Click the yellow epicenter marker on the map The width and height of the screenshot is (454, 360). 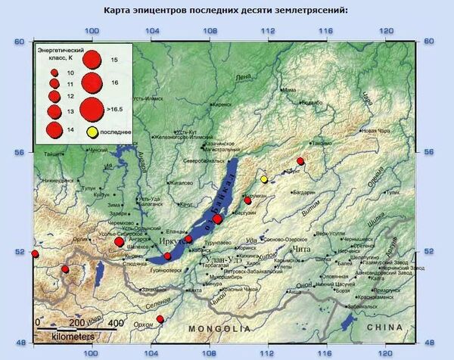pos(264,179)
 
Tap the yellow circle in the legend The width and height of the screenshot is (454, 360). pos(92,133)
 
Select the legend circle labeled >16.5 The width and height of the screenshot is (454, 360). pos(92,109)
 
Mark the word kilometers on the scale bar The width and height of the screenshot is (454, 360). pos(73,334)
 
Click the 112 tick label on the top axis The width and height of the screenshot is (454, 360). pos(266,31)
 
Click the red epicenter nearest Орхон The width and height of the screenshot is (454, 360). pos(160,319)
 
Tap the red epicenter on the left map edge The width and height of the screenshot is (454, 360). pos(35,253)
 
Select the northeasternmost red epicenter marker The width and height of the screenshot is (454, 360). pos(300,161)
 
